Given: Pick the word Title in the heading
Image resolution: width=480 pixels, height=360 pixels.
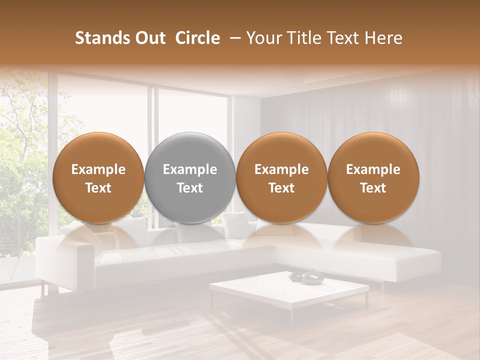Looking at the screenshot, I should (305, 38).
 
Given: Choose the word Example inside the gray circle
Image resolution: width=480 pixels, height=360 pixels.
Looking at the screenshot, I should (190, 169).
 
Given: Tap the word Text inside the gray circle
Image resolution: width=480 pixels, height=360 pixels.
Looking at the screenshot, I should (190, 188).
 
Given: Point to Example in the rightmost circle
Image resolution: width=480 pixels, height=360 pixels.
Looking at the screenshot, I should (373, 169).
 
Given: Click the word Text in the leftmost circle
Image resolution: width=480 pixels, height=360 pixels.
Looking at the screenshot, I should (98, 188).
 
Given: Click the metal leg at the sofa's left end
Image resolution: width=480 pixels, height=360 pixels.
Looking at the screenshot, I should (44, 288).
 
